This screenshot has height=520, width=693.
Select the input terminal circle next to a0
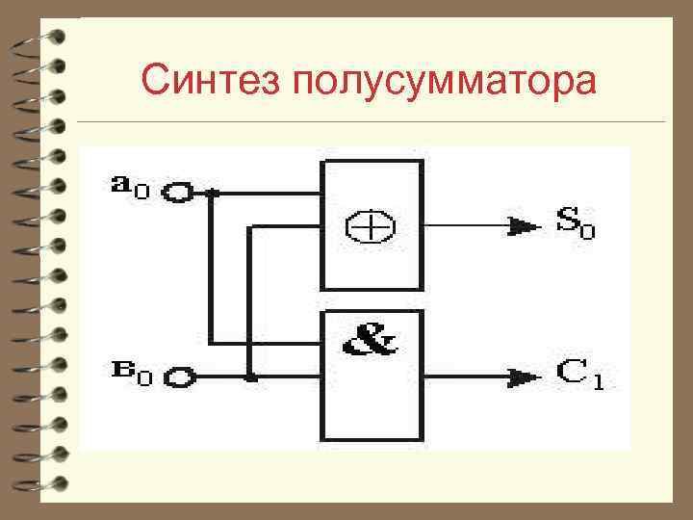click(x=179, y=194)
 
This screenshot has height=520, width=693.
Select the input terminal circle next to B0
click(x=179, y=377)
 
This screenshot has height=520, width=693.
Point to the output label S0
click(x=575, y=223)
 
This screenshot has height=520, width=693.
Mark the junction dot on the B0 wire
click(x=250, y=377)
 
